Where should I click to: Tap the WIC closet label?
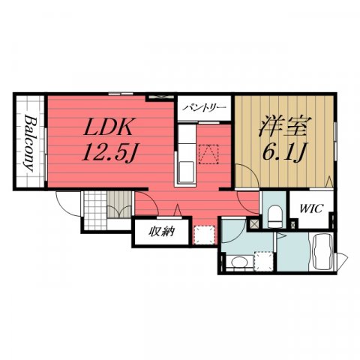click(312, 208)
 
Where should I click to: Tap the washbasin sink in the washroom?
click(238, 262)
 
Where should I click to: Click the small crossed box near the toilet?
click(255, 223)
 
